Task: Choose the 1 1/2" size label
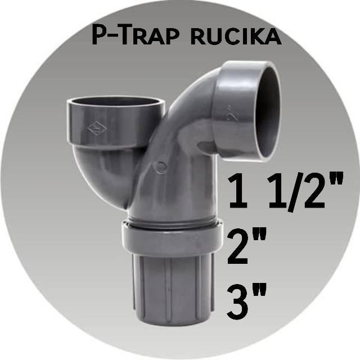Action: pyautogui.click(x=285, y=192)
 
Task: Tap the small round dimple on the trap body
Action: pyautogui.click(x=161, y=167)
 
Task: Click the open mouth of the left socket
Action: pyautogui.click(x=115, y=103)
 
